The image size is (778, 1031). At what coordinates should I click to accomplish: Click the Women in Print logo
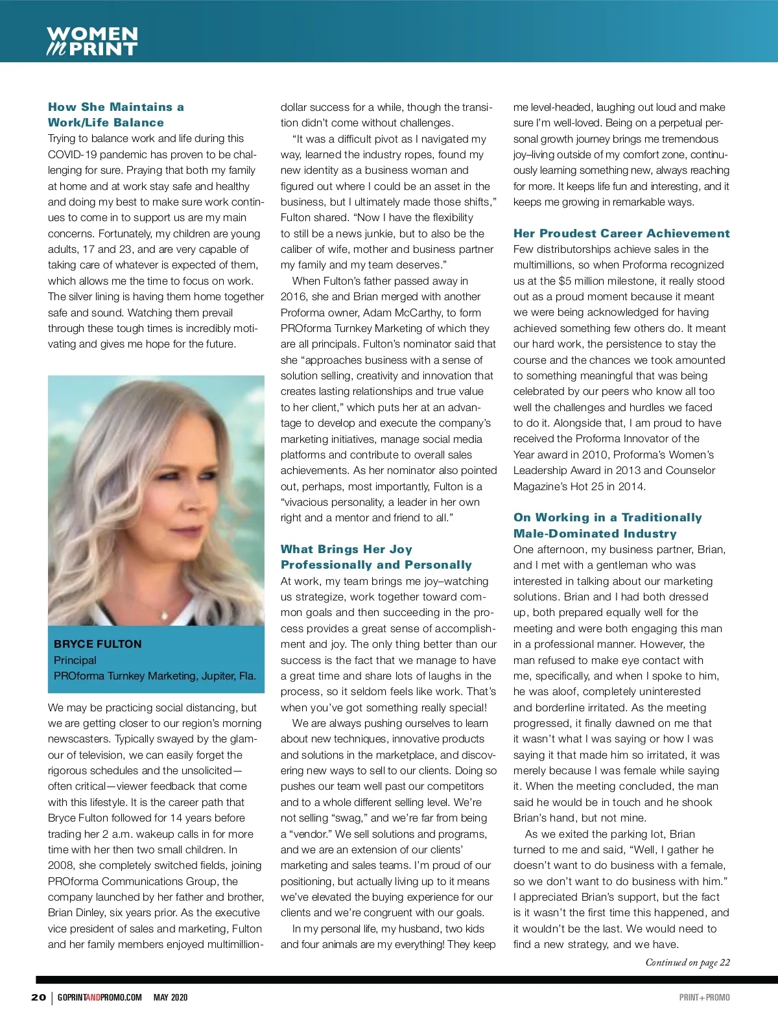click(92, 41)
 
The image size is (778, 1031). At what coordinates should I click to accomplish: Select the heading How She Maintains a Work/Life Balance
click(115, 115)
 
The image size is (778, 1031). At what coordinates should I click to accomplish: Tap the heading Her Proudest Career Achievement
click(621, 233)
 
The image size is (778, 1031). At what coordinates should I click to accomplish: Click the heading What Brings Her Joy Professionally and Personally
click(376, 557)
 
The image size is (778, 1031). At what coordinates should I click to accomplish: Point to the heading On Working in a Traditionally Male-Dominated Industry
click(607, 525)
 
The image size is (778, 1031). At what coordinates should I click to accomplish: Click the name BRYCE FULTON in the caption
click(97, 644)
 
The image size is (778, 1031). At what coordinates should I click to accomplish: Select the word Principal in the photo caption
click(75, 660)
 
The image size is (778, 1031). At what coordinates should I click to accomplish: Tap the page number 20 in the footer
click(38, 997)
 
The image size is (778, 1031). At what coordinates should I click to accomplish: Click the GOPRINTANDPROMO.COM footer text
click(99, 997)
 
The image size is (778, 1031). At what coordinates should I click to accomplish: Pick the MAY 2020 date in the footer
click(171, 997)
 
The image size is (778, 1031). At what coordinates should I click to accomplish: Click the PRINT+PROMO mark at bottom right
click(704, 997)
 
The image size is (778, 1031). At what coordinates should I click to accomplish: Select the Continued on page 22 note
click(687, 962)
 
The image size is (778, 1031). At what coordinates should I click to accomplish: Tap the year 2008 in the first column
click(62, 866)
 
